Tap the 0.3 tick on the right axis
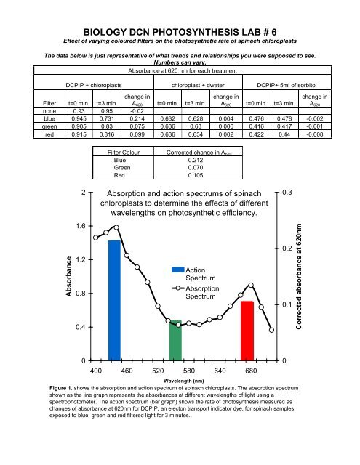tap(289, 192)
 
